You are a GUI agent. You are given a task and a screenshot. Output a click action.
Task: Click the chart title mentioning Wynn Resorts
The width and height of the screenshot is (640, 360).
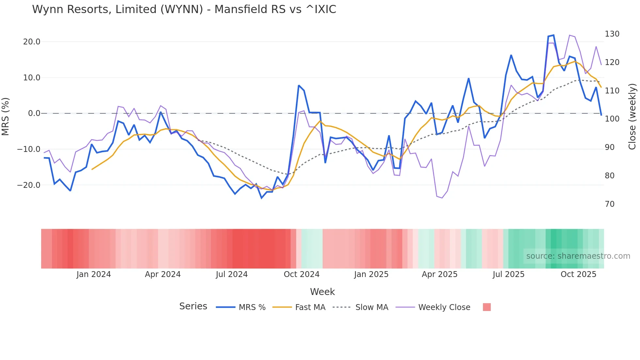pos(184,9)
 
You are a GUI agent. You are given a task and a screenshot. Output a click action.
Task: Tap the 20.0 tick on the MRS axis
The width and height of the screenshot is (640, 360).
pos(32,42)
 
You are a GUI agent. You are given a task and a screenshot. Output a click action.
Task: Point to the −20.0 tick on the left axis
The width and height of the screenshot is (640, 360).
pos(29,185)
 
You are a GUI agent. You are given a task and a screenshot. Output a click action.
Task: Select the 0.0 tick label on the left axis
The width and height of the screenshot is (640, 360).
pos(34,113)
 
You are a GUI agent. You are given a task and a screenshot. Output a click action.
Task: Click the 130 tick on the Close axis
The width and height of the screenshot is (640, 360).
pos(612,34)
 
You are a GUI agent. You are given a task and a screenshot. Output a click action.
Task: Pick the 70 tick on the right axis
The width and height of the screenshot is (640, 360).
pos(610,204)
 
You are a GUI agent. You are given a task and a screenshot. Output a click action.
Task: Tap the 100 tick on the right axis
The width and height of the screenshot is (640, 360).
pos(612,119)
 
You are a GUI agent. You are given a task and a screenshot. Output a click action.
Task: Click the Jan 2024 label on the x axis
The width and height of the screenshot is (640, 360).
pos(94,274)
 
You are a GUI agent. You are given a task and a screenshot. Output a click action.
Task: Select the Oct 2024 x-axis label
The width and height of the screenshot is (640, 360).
pos(301,274)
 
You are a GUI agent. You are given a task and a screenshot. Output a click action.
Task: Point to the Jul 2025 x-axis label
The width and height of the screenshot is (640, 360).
pos(508,274)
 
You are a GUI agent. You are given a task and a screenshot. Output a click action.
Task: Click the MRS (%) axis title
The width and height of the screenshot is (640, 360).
pos(6,117)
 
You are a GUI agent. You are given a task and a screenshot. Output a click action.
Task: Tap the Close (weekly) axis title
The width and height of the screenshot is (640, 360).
pos(632,117)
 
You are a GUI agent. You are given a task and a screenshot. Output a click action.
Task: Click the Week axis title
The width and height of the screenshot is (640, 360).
pos(322,292)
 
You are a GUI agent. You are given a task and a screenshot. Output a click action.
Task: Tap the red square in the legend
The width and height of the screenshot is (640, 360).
pos(487,307)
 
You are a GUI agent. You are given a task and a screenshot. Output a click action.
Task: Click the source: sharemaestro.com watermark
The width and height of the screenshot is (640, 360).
pos(578,256)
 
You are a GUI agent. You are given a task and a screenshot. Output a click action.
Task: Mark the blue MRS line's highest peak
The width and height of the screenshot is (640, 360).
pos(553,35)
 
